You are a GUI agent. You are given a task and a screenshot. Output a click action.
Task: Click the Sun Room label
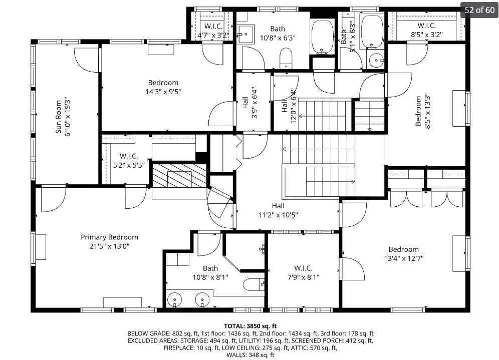point(58,117)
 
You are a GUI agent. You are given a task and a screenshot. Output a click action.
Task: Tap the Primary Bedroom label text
point(110,237)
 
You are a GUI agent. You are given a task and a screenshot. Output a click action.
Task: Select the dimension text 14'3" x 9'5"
point(163,92)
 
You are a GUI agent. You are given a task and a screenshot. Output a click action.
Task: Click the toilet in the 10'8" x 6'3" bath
point(286,58)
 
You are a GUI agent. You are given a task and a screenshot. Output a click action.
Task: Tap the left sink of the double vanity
point(174,299)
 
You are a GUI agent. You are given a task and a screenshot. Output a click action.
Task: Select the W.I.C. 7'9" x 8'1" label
point(303,273)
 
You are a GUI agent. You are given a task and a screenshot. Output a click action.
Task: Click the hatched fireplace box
point(179,176)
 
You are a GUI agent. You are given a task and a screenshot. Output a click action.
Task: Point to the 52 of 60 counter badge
point(479,10)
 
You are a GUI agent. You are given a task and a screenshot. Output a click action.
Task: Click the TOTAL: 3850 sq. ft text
point(251,326)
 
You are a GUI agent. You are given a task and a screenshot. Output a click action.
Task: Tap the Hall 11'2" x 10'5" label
point(278,210)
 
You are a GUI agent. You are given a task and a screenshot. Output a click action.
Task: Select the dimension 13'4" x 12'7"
point(403,258)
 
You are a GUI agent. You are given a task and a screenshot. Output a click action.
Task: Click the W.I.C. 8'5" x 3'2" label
point(427,30)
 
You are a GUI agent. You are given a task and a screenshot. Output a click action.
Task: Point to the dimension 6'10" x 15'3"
point(68,117)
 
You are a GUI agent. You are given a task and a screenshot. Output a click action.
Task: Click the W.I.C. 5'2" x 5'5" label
point(129,161)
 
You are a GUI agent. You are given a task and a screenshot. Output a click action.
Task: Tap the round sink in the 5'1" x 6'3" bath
point(376,60)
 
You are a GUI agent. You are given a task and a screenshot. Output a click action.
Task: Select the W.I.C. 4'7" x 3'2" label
point(213,31)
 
